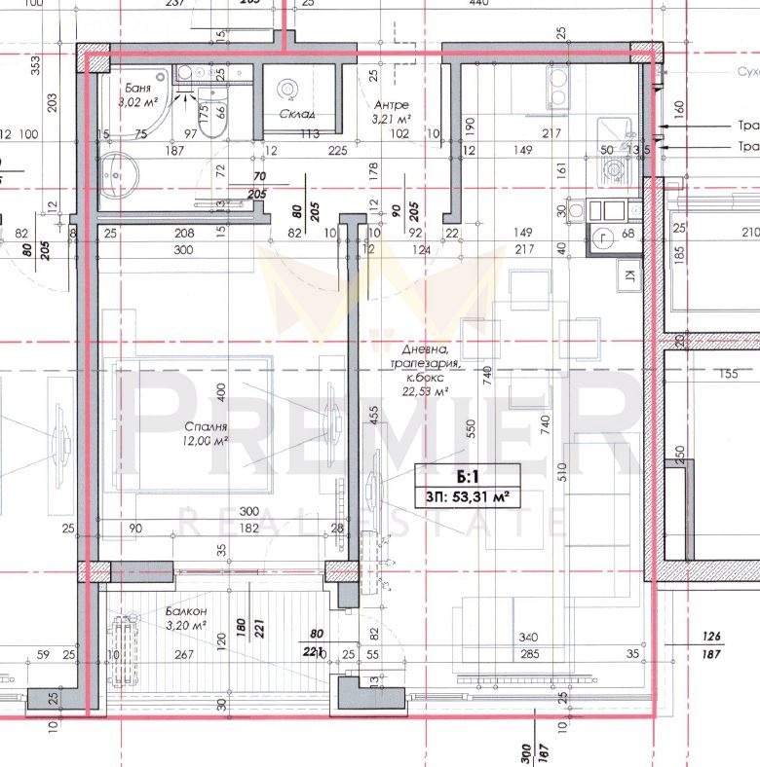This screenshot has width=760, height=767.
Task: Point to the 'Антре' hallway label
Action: (x=391, y=105)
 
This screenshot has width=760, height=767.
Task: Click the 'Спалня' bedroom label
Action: (x=205, y=426)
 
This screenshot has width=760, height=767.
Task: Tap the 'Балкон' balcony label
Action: (x=186, y=610)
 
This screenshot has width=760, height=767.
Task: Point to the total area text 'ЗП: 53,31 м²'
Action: (x=466, y=497)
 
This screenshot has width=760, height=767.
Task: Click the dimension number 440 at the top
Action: (x=477, y=4)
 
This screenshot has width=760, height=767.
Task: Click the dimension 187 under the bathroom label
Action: (x=175, y=150)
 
